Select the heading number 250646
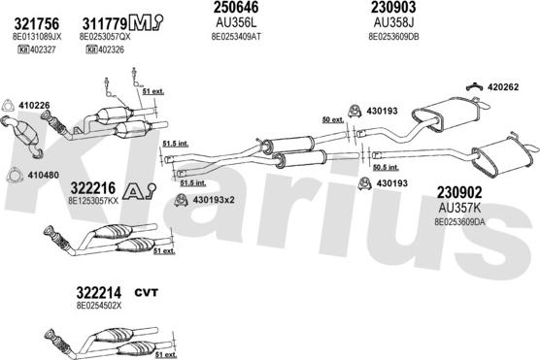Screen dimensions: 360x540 point(235,9)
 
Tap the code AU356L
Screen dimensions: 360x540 point(234,23)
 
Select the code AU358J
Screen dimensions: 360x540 point(390,23)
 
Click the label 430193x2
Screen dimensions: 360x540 point(213,202)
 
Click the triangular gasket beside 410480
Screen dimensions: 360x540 point(10,176)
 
